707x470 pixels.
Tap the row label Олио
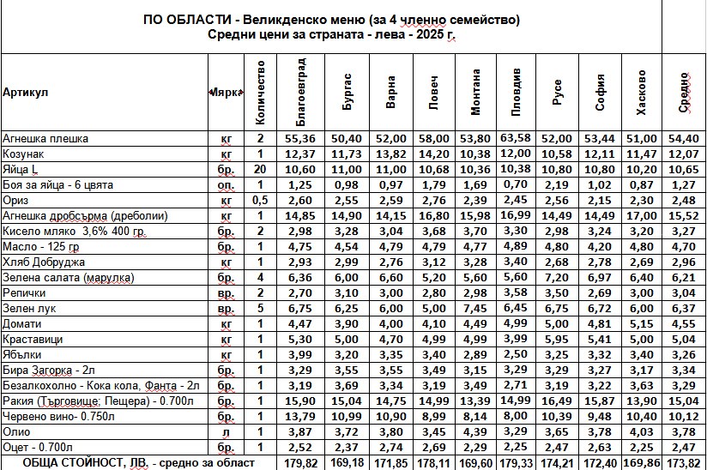(x=16, y=431)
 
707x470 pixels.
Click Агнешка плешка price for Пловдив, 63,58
(x=515, y=138)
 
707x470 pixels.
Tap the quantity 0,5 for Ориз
(x=259, y=200)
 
